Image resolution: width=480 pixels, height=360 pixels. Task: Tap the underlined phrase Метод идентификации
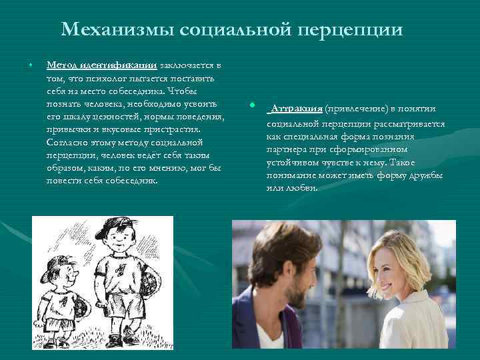[x=101, y=65]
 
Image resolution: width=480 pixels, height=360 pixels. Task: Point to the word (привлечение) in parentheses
[x=361, y=109]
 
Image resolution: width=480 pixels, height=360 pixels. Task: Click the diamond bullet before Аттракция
[x=252, y=106]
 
